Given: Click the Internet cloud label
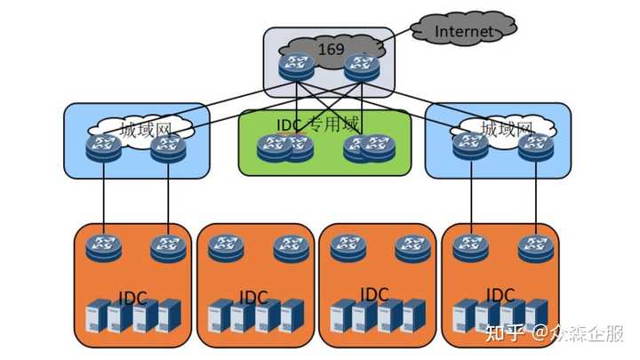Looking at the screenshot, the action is tap(464, 31).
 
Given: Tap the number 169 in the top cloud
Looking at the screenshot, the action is tap(331, 50).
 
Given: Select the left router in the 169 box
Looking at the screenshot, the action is tap(297, 67).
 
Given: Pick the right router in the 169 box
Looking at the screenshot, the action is tap(362, 68).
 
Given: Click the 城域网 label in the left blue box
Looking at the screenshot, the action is tap(145, 130).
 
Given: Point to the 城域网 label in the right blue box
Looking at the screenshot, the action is tap(507, 129).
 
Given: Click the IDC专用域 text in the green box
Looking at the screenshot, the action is tap(318, 124).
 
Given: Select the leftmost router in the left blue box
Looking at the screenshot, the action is tap(104, 148).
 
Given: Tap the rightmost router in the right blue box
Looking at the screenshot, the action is tap(536, 147).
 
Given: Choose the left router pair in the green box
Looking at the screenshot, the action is tap(285, 148).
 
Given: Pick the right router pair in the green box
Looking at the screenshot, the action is tap(370, 148).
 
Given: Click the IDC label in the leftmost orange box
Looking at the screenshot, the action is tap(132, 298).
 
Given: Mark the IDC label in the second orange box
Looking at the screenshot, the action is tap(253, 297).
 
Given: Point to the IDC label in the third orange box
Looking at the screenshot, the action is tap(374, 295).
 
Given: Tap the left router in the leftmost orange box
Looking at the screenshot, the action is tap(104, 249).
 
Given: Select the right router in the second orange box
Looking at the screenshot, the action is tap(291, 249).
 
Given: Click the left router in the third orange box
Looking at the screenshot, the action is tap(348, 248).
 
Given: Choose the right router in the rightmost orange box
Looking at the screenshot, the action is tap(536, 249).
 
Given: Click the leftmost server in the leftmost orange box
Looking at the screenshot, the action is tap(97, 316).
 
